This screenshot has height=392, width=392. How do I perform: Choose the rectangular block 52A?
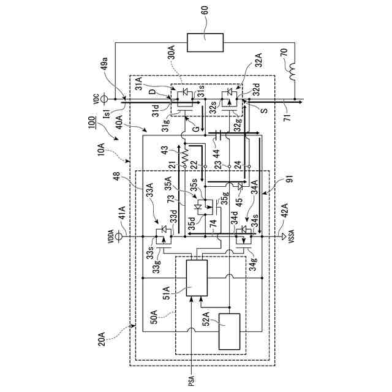point(230,331)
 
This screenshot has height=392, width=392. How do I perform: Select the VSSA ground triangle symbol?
point(282,235)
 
